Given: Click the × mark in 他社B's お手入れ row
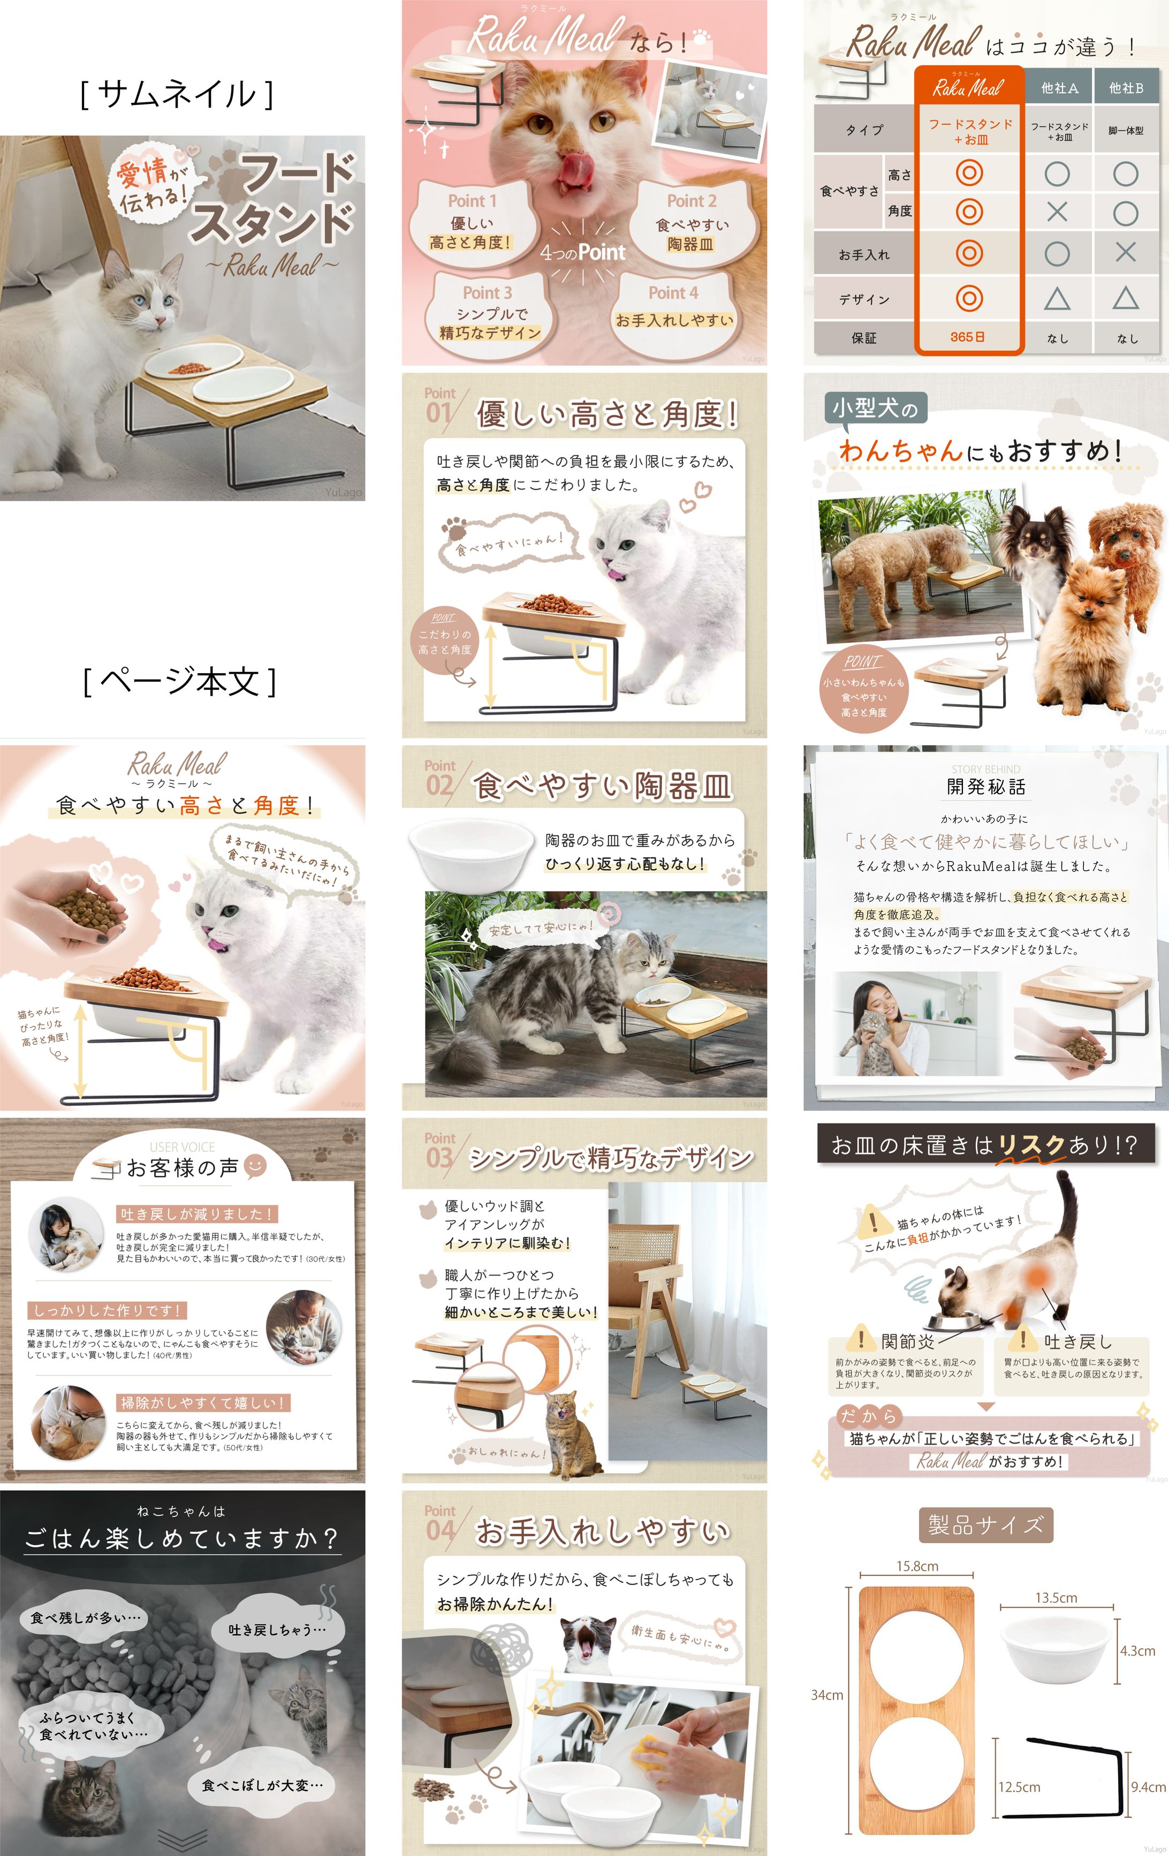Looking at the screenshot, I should click(x=1125, y=252).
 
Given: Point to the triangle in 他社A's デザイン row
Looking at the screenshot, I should click(x=1057, y=298).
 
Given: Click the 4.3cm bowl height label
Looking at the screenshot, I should click(x=1137, y=1651).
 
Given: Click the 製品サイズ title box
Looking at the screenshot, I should click(x=985, y=1525).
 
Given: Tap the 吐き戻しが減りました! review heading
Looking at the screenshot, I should click(x=196, y=1214).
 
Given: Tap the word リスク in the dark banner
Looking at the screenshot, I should click(x=1030, y=1145).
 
